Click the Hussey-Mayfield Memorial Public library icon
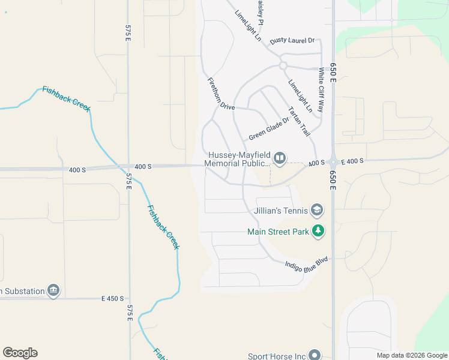pyautogui.click(x=280, y=158)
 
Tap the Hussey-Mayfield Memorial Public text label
pyautogui.click(x=239, y=159)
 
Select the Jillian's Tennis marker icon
pyautogui.click(x=317, y=210)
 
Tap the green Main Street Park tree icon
pyautogui.click(x=318, y=231)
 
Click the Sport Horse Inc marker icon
pyautogui.click(x=315, y=356)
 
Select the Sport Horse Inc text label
pyautogui.click(x=276, y=356)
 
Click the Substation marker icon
pyautogui.click(x=53, y=291)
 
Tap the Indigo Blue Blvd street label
pyautogui.click(x=307, y=265)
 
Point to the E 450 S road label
pyautogui.click(x=112, y=298)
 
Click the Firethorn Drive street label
pyautogui.click(x=221, y=94)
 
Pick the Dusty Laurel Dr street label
pyautogui.click(x=292, y=40)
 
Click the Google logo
pyautogui.click(x=20, y=353)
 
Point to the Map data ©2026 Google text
pyautogui.click(x=411, y=355)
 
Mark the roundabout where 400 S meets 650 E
pyautogui.click(x=333, y=163)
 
